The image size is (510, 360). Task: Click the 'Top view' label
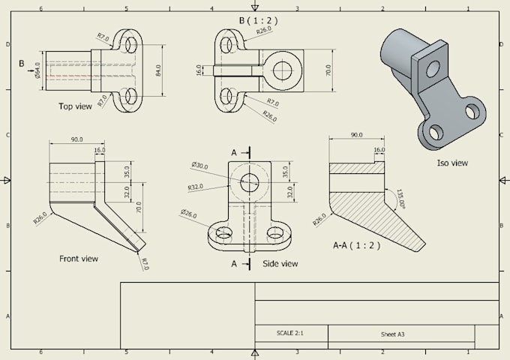[x=75, y=106]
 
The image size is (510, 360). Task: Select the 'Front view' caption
[x=79, y=259]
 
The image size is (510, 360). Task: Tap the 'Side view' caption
[x=280, y=263]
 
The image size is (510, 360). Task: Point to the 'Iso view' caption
[x=452, y=163]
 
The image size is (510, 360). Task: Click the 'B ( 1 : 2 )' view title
[x=261, y=21]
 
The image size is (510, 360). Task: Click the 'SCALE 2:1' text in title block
[x=290, y=333]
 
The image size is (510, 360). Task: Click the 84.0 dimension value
[x=159, y=70]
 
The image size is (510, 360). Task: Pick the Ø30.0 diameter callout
[x=199, y=165]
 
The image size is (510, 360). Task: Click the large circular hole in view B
[x=282, y=70]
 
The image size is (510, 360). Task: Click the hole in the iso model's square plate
[x=433, y=69]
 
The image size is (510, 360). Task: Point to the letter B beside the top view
[x=22, y=64]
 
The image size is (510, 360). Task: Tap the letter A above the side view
[x=234, y=152]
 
